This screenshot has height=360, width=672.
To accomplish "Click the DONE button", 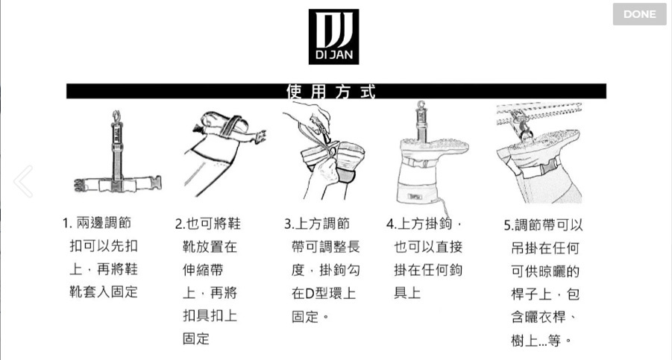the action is pos(639,14).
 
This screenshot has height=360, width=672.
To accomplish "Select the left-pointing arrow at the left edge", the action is pos(23,181).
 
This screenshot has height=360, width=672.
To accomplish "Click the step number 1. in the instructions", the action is pos(67,224).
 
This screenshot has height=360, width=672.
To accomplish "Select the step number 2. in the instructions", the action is pos(180,224).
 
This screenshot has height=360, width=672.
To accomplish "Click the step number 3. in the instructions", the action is pos(290,224).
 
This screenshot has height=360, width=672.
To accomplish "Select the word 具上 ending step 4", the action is pos(407,293).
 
